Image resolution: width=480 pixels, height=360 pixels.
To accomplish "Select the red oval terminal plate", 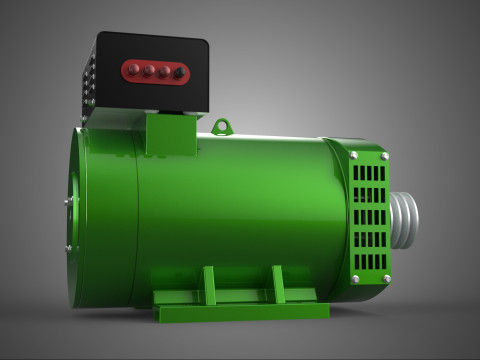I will [154, 71].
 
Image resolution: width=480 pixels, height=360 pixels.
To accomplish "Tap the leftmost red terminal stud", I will [132, 71].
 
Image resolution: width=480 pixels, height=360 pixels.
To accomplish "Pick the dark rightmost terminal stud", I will [178, 72].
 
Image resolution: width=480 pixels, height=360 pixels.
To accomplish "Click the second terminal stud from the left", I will [147, 71].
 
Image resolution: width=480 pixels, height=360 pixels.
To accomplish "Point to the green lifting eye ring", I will [222, 127].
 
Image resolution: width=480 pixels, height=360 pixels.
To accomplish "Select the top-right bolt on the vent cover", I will [385, 156].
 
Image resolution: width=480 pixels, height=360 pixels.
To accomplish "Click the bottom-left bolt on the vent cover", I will [355, 279].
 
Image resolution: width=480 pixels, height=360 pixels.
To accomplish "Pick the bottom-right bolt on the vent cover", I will [386, 278].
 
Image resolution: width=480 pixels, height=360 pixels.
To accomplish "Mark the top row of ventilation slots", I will [369, 170].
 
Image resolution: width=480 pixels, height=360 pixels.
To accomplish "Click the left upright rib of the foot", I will [209, 285].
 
